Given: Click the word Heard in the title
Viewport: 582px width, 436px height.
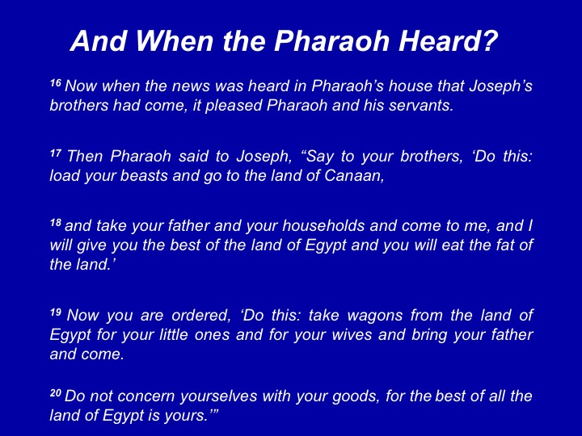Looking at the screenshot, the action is pos(448,40).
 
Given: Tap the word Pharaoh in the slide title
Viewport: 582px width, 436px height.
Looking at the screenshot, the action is pos(332,40).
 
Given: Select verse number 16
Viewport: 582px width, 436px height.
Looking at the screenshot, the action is pos(55,82).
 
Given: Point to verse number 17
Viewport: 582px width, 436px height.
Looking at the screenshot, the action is pos(55,153).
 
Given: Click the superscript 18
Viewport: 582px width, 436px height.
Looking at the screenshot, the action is pos(55,223).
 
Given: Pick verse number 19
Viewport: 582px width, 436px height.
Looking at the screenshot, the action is pos(55,312).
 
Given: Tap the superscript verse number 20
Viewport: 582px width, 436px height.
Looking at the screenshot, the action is pos(55,392).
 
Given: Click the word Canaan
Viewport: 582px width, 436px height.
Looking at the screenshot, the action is pos(354,176).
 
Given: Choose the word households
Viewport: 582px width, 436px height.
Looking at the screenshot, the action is pos(323,226).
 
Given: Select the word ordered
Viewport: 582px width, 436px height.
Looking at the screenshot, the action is pos(200,316).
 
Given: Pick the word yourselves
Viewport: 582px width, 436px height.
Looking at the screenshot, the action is pos(218,396).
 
